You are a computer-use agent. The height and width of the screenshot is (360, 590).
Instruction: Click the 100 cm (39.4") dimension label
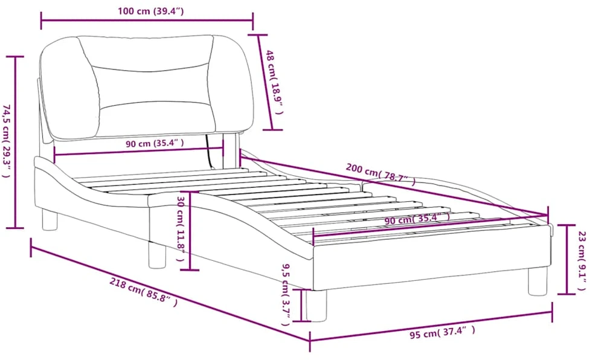(x=150, y=11)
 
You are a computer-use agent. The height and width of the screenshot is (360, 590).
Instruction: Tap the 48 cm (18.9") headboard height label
(x=275, y=82)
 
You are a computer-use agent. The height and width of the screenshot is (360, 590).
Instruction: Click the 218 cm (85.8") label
(x=143, y=292)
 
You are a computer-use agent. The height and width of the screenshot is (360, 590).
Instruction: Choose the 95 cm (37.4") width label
(x=442, y=333)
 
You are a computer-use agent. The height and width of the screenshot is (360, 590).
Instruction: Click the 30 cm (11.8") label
(x=181, y=229)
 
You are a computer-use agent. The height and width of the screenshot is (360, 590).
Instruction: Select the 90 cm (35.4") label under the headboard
(x=155, y=143)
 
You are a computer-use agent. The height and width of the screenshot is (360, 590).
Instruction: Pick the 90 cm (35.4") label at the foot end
(x=417, y=218)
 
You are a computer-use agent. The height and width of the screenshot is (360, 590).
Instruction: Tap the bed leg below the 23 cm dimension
(x=538, y=281)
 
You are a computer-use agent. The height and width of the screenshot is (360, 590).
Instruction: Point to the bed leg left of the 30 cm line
(x=157, y=255)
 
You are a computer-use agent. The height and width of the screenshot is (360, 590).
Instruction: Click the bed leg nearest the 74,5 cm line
(x=50, y=220)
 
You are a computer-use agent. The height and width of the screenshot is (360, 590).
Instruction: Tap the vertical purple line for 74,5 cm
(x=15, y=142)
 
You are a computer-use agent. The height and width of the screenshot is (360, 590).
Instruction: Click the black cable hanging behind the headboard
(x=209, y=152)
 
